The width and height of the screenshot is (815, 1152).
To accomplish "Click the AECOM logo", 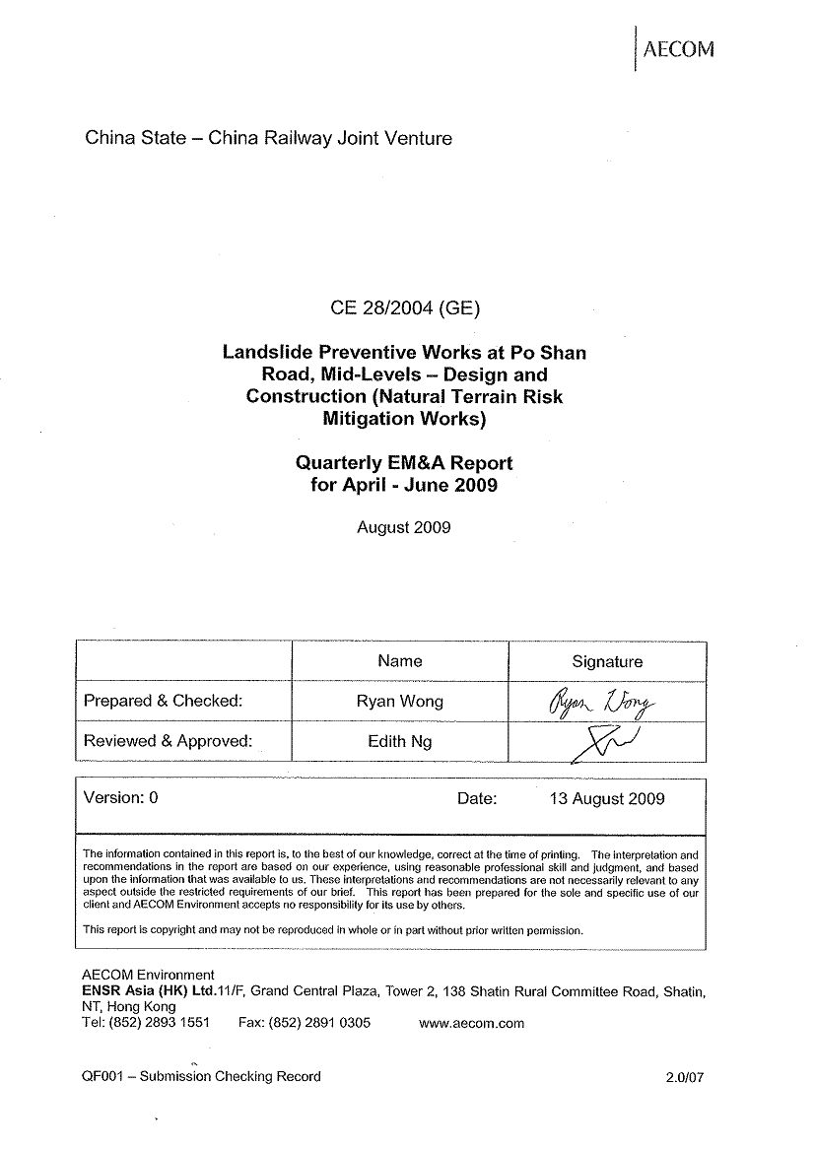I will [x=676, y=49].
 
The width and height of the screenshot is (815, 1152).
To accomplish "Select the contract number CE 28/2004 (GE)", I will [x=405, y=308].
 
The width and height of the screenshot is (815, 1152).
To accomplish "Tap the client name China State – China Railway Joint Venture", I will [x=268, y=138].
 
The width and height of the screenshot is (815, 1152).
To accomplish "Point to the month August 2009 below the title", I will [x=403, y=527].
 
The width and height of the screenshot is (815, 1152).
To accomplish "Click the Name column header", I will [x=400, y=661].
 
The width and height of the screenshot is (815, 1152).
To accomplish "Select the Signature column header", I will [x=607, y=662].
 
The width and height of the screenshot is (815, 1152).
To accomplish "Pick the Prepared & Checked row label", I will [x=164, y=702].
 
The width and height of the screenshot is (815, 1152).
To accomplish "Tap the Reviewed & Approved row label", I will [x=169, y=741].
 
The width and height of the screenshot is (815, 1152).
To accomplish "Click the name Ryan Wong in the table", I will [x=400, y=702].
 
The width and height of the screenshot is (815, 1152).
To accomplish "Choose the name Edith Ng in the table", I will [x=400, y=741].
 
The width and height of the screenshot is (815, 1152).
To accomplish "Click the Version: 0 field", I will [x=121, y=798].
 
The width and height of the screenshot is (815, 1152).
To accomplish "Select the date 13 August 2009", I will [x=607, y=798].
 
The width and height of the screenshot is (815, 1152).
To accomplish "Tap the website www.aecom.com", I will [x=471, y=1023].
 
